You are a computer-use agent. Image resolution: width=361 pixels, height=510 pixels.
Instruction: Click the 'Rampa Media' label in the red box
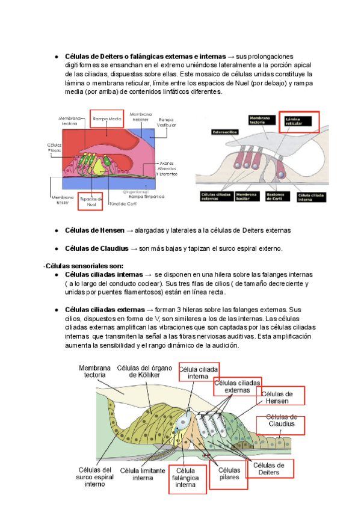point(108,120)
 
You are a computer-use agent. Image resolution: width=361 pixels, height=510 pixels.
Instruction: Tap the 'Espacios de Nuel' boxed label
point(91,201)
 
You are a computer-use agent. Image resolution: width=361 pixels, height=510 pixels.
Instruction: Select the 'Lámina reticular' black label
point(298,123)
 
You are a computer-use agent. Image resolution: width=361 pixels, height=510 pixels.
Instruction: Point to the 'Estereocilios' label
point(224,132)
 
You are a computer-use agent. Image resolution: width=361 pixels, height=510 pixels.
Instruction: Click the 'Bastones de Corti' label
point(279,198)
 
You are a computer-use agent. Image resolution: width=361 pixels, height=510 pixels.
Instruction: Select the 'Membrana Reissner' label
point(140,116)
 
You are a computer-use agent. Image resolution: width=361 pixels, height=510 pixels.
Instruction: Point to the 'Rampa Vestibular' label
point(167,123)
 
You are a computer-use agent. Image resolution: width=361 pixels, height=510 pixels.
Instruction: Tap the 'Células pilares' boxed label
point(229,473)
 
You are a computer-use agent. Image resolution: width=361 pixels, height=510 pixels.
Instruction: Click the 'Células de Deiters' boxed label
point(268,469)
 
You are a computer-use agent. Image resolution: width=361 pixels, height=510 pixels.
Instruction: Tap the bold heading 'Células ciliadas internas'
point(103,274)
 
